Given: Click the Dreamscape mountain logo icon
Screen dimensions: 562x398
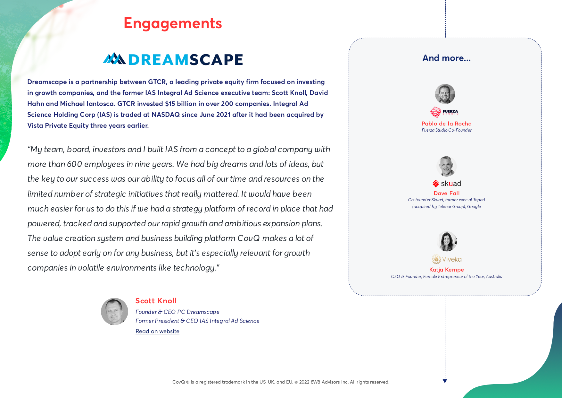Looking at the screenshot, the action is pos(114,58).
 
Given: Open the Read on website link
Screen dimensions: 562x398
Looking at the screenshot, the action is pos(157,331).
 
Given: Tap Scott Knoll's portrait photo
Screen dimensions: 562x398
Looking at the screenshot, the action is pos(114,311).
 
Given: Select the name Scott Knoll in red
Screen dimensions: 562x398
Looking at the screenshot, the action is pos(156,301).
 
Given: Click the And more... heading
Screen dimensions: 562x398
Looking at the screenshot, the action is pos(446,58).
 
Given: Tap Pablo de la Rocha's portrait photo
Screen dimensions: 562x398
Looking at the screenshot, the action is pos(445,94).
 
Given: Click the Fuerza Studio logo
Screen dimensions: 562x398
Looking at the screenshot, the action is pos(444,112).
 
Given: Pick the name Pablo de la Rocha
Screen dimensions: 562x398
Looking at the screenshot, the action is pos(446,124).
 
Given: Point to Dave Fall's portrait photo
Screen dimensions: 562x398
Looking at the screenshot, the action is pos(447,166).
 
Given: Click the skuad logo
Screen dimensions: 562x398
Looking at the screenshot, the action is pos(447,184).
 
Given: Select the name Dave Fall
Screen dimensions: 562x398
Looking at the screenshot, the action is pos(446,193).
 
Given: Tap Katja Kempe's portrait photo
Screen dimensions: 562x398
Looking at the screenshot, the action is pos(447,241).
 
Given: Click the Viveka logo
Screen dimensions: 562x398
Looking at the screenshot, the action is pos(447,259).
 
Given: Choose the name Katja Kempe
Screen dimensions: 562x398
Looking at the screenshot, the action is pos(446,270).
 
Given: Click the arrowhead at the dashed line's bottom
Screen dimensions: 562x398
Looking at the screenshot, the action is pos(445,381).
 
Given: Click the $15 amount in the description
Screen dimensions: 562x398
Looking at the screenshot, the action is pos(170,104).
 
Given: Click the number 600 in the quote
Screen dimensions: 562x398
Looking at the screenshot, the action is pos(74,164).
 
